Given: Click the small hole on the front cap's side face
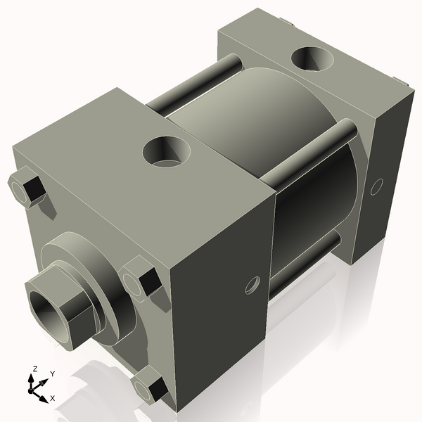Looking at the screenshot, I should click(x=252, y=285).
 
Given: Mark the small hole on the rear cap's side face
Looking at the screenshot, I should click(x=376, y=186).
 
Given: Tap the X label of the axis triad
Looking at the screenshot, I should click(x=53, y=399).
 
